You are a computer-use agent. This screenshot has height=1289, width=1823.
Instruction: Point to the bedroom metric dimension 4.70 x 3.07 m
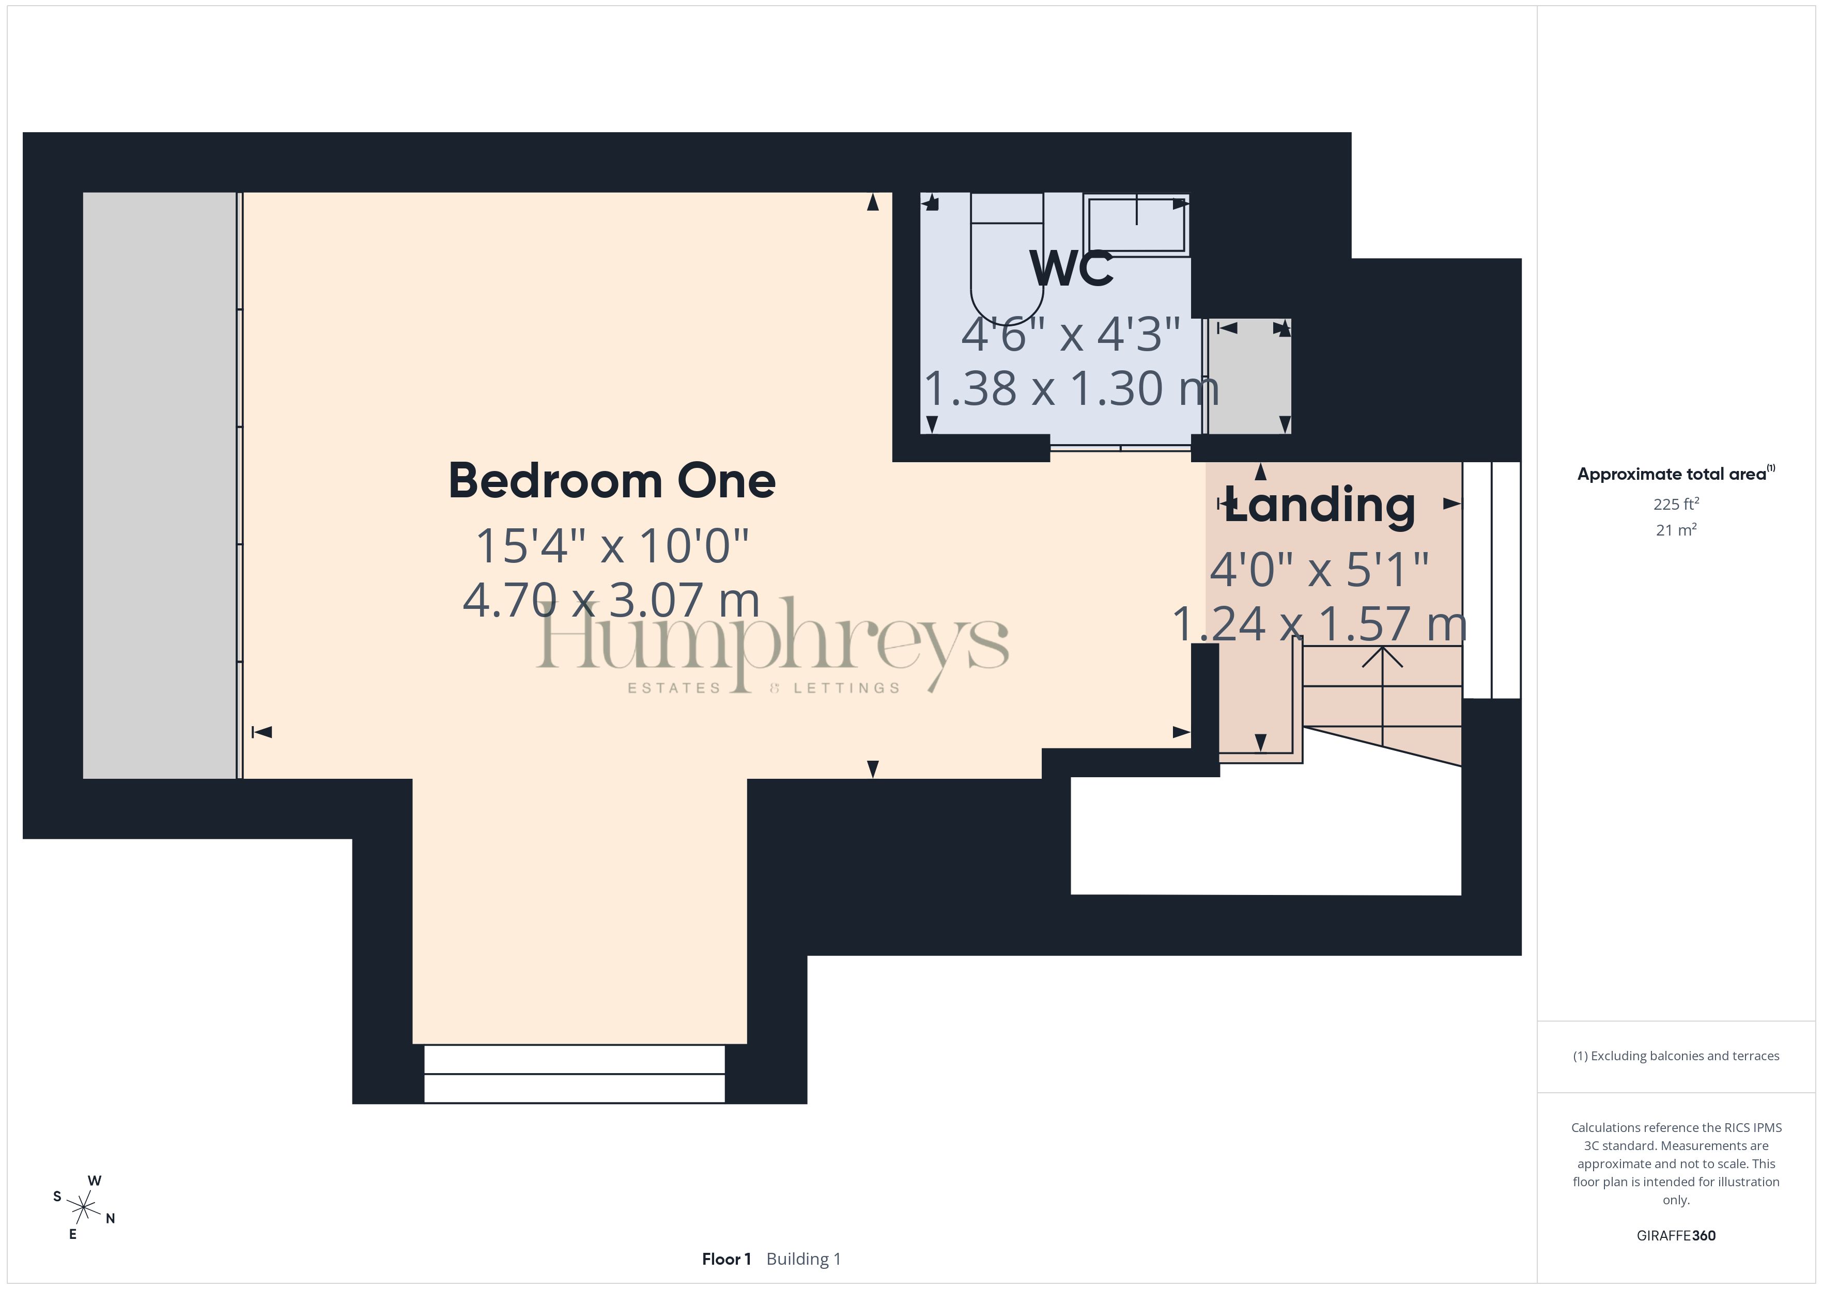click(611, 600)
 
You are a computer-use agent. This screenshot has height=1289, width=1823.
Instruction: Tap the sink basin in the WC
click(1137, 225)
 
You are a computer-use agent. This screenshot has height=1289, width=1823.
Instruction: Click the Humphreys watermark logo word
click(773, 643)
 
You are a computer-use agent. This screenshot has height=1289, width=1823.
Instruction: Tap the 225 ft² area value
click(1676, 504)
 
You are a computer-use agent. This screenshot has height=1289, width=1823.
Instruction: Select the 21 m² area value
click(1676, 529)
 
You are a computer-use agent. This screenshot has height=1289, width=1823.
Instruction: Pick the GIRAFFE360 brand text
click(1676, 1236)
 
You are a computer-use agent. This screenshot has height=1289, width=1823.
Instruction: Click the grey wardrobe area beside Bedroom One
click(160, 485)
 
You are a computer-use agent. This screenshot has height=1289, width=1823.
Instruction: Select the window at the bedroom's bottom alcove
click(574, 1074)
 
